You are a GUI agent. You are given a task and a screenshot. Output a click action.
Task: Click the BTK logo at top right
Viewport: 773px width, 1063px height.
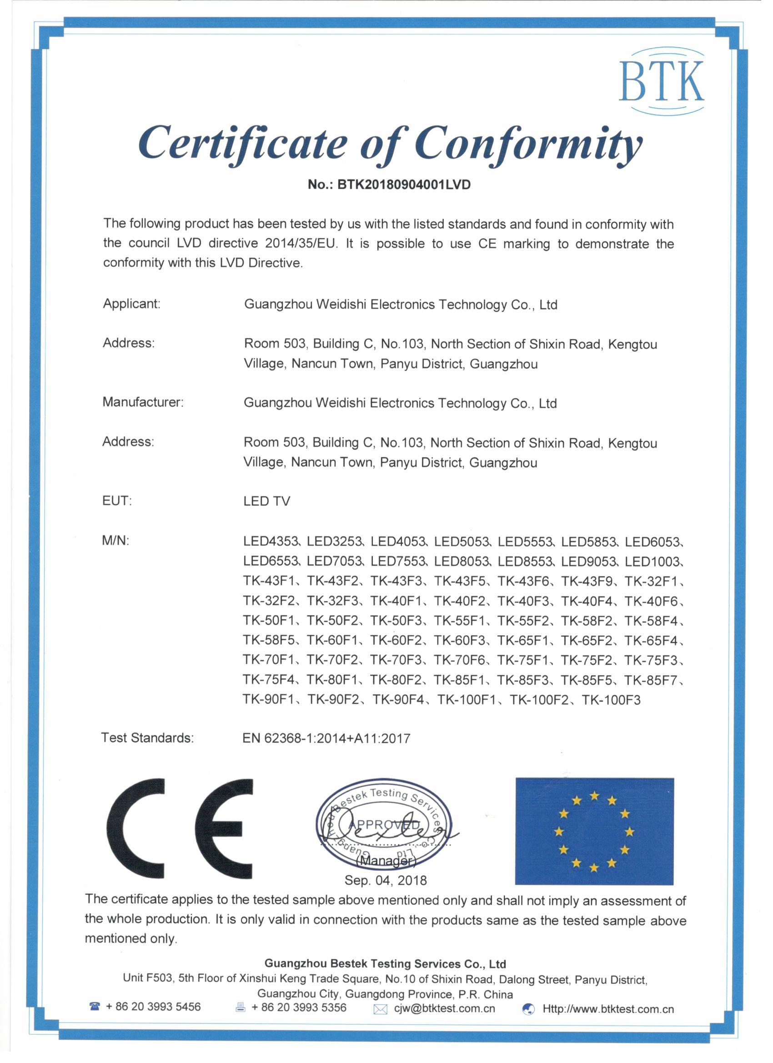pyautogui.click(x=661, y=80)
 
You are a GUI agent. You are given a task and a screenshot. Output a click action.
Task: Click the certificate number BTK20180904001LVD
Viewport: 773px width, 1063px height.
pyautogui.click(x=403, y=184)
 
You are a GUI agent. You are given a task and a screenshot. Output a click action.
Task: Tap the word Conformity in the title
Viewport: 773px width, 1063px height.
pyautogui.click(x=528, y=142)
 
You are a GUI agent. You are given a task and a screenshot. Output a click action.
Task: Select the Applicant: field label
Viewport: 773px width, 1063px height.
pyautogui.click(x=131, y=304)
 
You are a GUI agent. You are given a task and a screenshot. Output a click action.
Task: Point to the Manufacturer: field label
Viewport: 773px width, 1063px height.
pyautogui.click(x=143, y=401)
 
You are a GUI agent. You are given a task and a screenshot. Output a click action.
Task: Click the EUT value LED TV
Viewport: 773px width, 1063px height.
pyautogui.click(x=266, y=501)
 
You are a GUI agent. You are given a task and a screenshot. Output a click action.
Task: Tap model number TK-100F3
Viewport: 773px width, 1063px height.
pyautogui.click(x=610, y=700)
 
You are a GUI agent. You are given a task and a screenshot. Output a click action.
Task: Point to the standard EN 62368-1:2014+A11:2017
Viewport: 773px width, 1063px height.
pyautogui.click(x=326, y=738)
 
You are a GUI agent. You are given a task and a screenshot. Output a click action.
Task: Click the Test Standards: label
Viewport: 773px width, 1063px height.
pyautogui.click(x=147, y=738)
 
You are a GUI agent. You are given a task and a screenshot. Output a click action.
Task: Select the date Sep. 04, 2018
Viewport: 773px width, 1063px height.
pyautogui.click(x=385, y=880)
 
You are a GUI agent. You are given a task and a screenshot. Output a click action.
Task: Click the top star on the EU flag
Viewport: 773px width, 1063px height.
pyautogui.click(x=594, y=795)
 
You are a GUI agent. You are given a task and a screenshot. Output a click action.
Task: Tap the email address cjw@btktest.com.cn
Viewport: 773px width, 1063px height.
pyautogui.click(x=444, y=1008)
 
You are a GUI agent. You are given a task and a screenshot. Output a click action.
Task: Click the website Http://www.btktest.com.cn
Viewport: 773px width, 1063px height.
pyautogui.click(x=607, y=1008)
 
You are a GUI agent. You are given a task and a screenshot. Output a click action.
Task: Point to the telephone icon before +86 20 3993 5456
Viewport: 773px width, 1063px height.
pyautogui.click(x=95, y=1006)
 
